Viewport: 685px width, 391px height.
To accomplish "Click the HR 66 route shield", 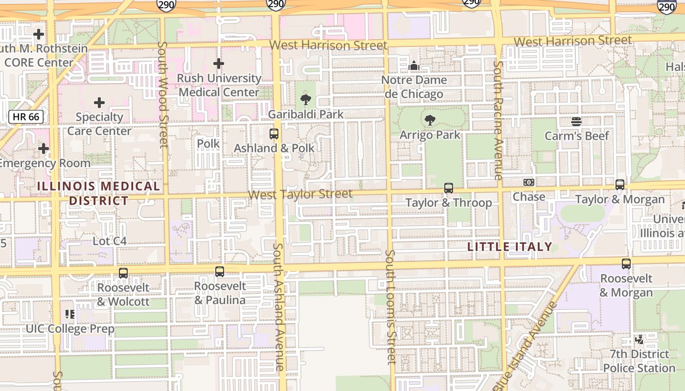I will [x=26, y=117].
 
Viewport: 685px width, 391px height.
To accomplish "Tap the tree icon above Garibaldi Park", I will [x=306, y=100].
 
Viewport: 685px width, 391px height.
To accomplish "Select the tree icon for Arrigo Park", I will [x=430, y=120].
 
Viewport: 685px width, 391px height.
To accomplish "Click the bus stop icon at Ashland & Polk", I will [x=274, y=134].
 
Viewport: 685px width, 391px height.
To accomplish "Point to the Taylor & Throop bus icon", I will [x=448, y=188].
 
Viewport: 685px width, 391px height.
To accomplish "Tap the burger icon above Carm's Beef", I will [x=576, y=122].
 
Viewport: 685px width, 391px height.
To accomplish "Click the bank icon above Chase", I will [x=528, y=182].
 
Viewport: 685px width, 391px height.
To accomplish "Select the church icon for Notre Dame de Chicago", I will [x=414, y=65].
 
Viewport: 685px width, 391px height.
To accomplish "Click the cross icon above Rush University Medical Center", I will [x=219, y=64].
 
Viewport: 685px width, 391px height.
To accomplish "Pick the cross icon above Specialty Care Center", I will [x=99, y=103].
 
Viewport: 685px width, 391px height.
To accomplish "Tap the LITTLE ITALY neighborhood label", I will [x=509, y=247].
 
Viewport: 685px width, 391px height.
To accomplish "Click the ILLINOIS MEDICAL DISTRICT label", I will [x=98, y=194].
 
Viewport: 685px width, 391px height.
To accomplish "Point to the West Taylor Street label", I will [x=299, y=195].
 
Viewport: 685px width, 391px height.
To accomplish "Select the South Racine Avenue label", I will [x=498, y=120].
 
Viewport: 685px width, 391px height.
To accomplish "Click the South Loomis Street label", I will [x=390, y=307].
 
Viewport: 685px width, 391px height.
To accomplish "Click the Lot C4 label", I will [x=110, y=241].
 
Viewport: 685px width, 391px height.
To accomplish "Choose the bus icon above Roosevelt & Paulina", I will [x=220, y=272].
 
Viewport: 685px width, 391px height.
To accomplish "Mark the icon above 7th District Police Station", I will [x=639, y=339].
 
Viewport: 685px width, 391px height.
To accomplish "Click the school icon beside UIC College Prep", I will [x=70, y=314].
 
